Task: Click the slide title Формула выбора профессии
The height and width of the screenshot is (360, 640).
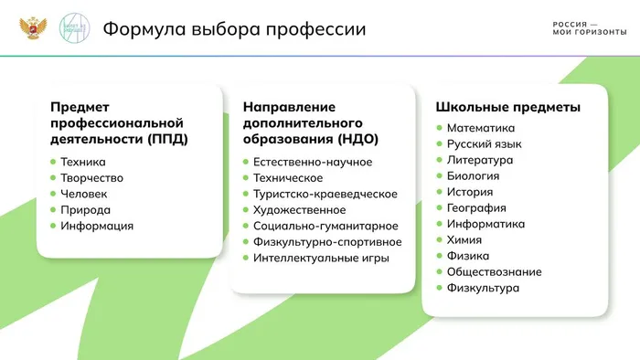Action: click(x=234, y=29)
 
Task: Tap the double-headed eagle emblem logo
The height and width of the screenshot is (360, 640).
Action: click(x=33, y=28)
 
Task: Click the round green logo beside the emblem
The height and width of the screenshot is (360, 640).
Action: click(x=73, y=28)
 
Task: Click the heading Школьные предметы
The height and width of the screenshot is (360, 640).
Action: click(x=507, y=107)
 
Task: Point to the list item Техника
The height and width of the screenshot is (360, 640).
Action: click(x=83, y=162)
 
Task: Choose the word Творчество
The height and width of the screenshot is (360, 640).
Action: click(x=91, y=177)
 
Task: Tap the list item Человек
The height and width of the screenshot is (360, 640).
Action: click(x=84, y=194)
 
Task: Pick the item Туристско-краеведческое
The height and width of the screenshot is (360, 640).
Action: click(x=325, y=194)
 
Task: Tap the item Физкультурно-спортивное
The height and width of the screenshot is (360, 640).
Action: click(x=327, y=241)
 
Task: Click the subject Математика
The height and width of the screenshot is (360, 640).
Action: click(x=481, y=128)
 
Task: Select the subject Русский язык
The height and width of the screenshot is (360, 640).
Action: click(x=484, y=143)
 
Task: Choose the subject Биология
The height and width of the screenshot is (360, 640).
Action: click(x=473, y=175)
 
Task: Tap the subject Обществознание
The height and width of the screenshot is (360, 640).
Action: click(x=494, y=271)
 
